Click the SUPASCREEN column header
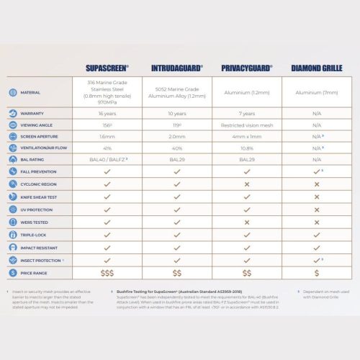(107, 68)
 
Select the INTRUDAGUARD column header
(176, 68)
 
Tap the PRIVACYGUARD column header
(247, 68)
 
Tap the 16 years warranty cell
(107, 113)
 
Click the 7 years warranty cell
(247, 113)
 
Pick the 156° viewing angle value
(107, 125)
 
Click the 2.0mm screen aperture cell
(176, 136)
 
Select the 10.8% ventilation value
(247, 148)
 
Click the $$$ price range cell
(107, 273)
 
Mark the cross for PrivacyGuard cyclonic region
(247, 184)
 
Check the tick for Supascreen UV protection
(107, 209)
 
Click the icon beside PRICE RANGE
(13, 273)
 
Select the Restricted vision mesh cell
(247, 125)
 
